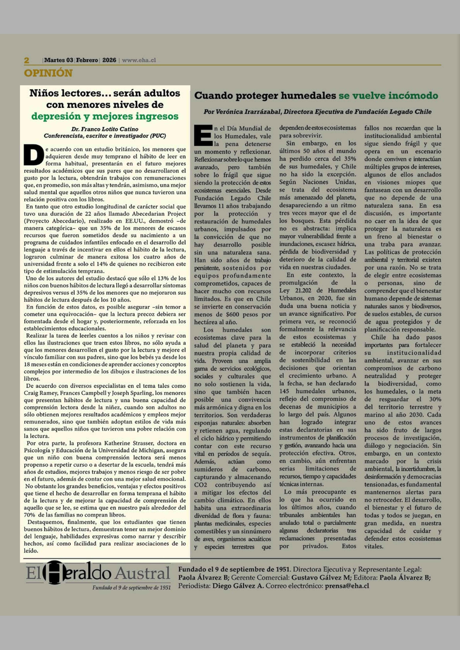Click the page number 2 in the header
point(27,60)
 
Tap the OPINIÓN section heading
point(48,73)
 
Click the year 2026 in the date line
point(109,60)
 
